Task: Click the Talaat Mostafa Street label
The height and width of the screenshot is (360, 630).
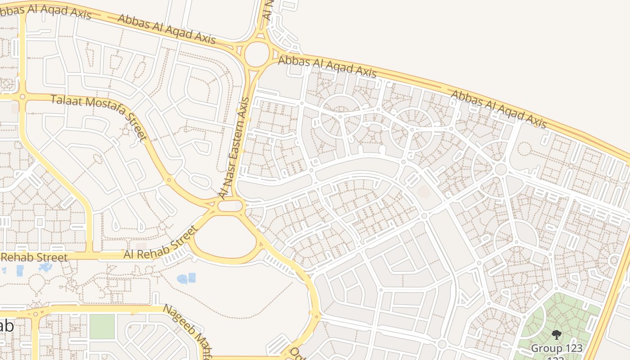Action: pos(99,117)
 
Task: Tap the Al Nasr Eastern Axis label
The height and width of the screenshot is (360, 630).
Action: pos(234,148)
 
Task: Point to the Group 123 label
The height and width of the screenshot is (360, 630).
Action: pos(557,348)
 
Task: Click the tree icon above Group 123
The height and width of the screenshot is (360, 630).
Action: pos(557,335)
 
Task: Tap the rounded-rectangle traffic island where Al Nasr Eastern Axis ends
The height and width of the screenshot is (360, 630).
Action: pos(230,206)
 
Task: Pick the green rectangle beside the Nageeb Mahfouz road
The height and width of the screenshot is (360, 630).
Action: pos(102,326)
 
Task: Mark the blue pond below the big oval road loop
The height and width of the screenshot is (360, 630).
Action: pos(186,279)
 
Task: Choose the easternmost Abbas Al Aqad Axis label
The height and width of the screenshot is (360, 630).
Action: pos(499,108)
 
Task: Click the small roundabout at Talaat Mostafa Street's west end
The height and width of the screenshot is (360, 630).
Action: pos(22,96)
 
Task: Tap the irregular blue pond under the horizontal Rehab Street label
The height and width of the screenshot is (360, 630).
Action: pos(46,267)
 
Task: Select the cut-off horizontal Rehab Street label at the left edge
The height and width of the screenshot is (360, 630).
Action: pos(34,257)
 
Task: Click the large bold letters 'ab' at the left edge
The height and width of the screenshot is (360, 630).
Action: pos(6,326)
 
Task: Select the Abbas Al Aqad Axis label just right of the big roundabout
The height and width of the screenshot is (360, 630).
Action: pos(327,67)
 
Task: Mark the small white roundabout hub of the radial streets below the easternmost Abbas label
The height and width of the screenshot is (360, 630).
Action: pos(501,169)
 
